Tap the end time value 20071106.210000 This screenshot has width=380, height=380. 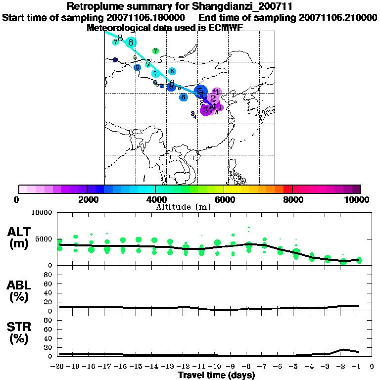338,18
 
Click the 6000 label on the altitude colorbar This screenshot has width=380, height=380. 224,199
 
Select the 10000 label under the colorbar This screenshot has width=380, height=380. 356,199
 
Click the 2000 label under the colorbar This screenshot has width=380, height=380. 87,199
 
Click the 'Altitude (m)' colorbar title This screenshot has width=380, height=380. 183,207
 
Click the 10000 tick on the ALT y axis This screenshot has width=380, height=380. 42,213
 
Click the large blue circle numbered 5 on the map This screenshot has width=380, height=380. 199,92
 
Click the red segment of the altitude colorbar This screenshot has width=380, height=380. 288,189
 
